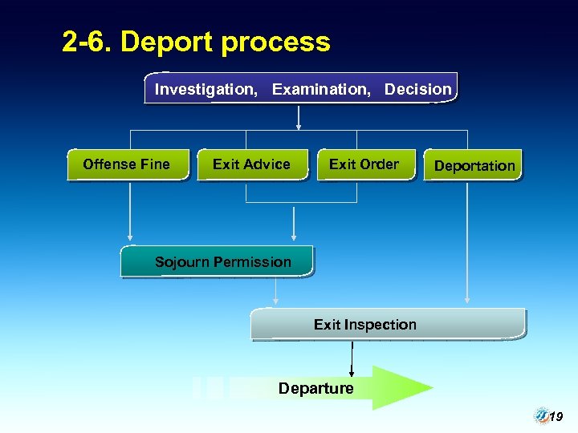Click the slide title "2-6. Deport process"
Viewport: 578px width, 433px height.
coord(196,42)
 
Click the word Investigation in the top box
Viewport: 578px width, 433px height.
coord(206,89)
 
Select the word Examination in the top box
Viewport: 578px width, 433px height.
coord(321,89)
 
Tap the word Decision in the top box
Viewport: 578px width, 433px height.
coord(417,89)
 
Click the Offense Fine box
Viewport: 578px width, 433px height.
coord(128,164)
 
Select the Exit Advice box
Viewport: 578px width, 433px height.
coord(252,164)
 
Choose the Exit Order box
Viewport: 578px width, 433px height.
coord(365,164)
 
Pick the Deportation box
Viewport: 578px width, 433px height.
coord(474,166)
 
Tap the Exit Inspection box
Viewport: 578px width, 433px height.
coord(388,325)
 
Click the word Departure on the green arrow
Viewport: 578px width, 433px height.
coord(315,388)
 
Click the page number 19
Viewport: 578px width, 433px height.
coord(556,417)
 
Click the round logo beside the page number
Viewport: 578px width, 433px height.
coord(541,415)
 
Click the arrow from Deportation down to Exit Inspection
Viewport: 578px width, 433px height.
coord(468,241)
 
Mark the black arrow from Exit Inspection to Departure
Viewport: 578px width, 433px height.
coord(352,358)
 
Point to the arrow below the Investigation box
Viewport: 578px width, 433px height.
coord(299,116)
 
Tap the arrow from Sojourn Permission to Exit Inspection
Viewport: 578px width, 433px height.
coord(275,291)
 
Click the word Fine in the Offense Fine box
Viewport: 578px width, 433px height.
coord(156,164)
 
